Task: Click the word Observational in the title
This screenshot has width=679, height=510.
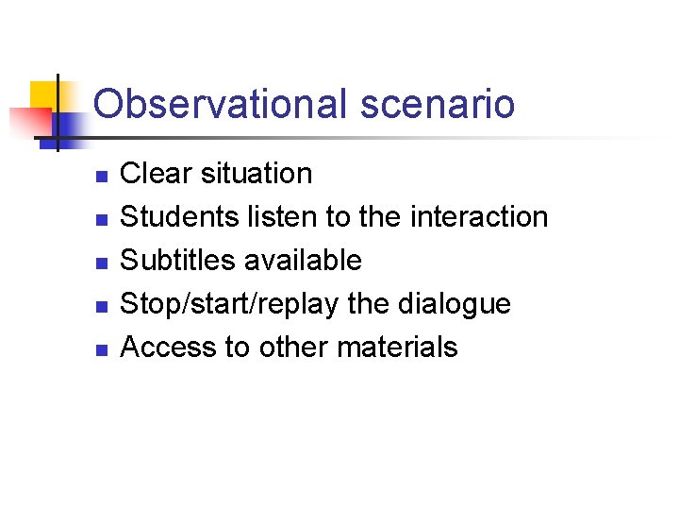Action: [x=222, y=104]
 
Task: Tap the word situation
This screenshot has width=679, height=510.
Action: [x=256, y=174]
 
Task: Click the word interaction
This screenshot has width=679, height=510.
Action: [x=479, y=217]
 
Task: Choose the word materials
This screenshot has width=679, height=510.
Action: [x=397, y=348]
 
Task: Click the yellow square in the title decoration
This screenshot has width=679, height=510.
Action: [x=44, y=95]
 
